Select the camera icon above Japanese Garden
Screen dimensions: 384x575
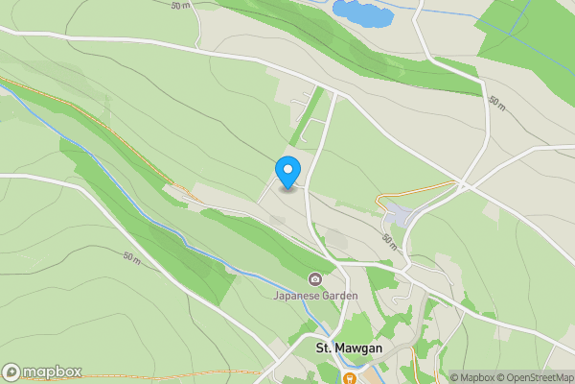pyautogui.click(x=314, y=279)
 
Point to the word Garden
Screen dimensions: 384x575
pyautogui.click(x=340, y=296)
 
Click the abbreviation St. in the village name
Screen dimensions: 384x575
pyautogui.click(x=325, y=347)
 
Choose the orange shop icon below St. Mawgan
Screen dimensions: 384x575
pyautogui.click(x=352, y=377)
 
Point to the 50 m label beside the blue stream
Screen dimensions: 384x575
pyautogui.click(x=132, y=258)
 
